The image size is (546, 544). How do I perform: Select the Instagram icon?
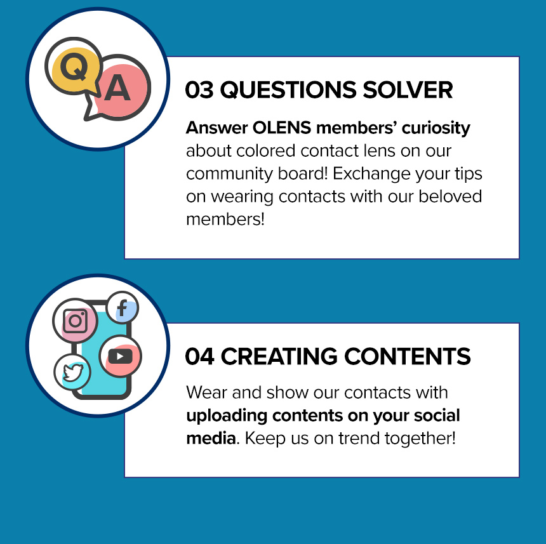pyautogui.click(x=75, y=321)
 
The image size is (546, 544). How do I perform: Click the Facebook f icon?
pyautogui.click(x=123, y=308)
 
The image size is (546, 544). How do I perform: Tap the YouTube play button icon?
pyautogui.click(x=121, y=356)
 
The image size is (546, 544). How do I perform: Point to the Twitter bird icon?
pyautogui.click(x=72, y=372)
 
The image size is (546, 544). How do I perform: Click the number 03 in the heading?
pyautogui.click(x=199, y=90)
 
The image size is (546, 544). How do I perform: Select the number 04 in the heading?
pyautogui.click(x=199, y=356)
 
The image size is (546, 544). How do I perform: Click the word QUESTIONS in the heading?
pyautogui.click(x=288, y=90)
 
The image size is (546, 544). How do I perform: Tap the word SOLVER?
pyautogui.click(x=408, y=90)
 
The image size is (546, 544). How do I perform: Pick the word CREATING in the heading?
pyautogui.click(x=279, y=356)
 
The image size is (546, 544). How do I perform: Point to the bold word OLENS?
pyautogui.click(x=282, y=128)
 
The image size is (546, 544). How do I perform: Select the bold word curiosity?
pyautogui.click(x=436, y=128)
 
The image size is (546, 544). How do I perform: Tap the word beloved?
pyautogui.click(x=450, y=196)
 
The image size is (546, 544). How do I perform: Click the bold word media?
pyautogui.click(x=211, y=438)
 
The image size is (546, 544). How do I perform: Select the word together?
pyautogui.click(x=420, y=439)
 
